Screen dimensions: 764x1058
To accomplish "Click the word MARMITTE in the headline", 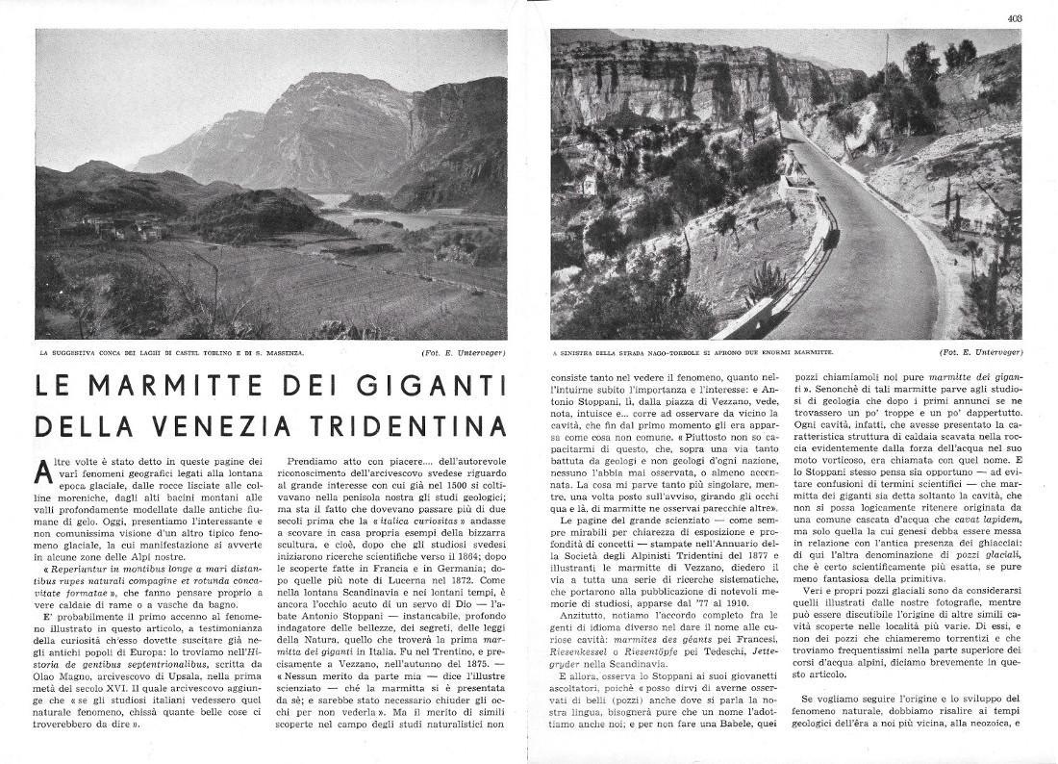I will pos(166,387).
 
